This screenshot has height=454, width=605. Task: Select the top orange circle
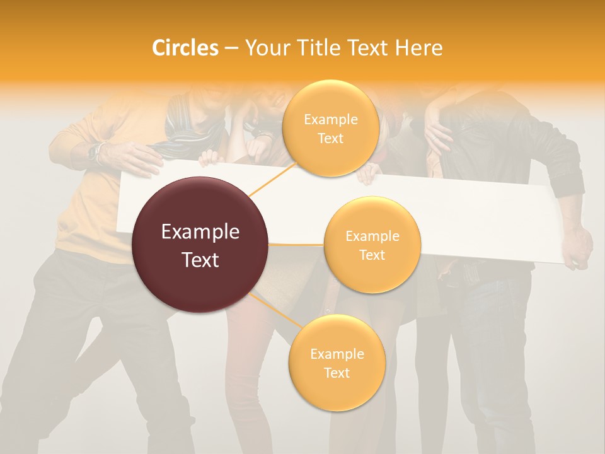pyautogui.click(x=330, y=128)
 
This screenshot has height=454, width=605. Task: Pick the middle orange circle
pyautogui.click(x=372, y=245)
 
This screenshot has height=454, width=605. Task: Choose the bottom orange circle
pyautogui.click(x=337, y=363)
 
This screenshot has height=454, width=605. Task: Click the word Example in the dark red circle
pyautogui.click(x=200, y=232)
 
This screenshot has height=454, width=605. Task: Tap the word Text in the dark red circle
pyautogui.click(x=200, y=260)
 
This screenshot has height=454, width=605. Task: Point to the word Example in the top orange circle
pyautogui.click(x=330, y=119)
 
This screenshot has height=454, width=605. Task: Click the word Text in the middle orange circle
pyautogui.click(x=372, y=255)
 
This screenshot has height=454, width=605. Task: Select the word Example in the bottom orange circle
pyautogui.click(x=337, y=354)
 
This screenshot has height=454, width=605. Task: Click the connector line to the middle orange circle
pyautogui.click(x=296, y=244)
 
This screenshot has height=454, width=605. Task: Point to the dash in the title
pyautogui.click(x=231, y=48)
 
